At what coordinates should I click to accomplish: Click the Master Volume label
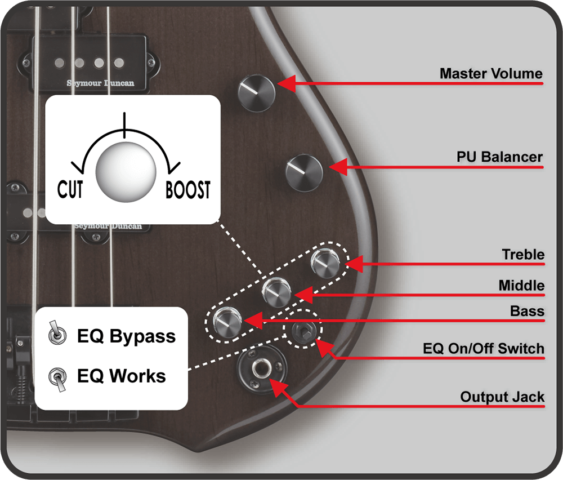pos(491,74)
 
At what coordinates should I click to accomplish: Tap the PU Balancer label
pos(499,157)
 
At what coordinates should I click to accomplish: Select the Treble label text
pos(523,255)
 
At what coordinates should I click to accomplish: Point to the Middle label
pos(521,286)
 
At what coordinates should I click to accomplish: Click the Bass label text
pos(527,311)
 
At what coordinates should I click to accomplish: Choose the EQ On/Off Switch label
pos(484,349)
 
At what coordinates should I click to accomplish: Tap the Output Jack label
pos(502,397)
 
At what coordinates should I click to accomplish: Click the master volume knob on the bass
pos(256,93)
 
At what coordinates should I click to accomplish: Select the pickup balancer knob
pos(304,173)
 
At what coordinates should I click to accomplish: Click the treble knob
pos(325,263)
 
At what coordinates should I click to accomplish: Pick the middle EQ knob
pos(276,292)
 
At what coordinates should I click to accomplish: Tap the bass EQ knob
pos(227,322)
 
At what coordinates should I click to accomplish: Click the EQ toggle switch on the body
pos(302,329)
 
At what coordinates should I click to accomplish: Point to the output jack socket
pos(261,369)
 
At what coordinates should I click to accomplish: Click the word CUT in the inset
pos(70,189)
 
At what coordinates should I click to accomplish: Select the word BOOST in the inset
pos(188,190)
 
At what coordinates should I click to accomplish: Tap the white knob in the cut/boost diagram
pos(126,172)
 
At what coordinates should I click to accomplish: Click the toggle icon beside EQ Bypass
pos(57,333)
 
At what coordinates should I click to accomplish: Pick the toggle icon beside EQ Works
pos(57,379)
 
